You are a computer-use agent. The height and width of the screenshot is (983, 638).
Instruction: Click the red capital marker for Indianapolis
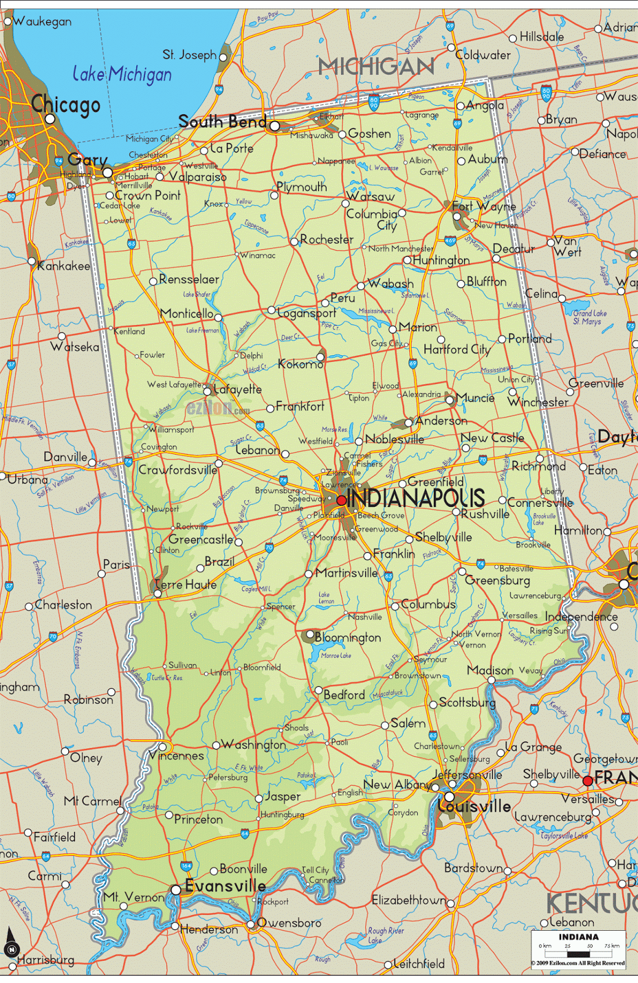point(341,500)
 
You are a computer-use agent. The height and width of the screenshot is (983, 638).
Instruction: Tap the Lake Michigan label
point(122,74)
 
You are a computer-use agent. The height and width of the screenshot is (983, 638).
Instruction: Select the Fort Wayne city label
point(484,206)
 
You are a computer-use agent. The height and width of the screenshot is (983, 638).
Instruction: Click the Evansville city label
point(225,886)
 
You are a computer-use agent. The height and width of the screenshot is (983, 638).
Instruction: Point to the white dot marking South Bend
point(275,126)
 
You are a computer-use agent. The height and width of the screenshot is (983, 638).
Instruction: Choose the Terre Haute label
point(185,584)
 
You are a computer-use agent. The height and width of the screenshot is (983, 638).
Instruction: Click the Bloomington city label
point(348,638)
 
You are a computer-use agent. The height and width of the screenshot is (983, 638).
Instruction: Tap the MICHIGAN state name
point(376,66)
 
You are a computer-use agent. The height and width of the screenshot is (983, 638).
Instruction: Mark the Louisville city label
point(475,805)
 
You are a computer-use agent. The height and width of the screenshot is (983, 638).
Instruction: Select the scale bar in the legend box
point(578,954)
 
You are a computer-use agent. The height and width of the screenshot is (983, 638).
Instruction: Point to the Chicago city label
point(66,104)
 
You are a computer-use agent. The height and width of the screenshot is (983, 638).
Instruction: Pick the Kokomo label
point(301,364)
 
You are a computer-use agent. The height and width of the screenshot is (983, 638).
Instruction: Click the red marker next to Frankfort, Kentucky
point(588,781)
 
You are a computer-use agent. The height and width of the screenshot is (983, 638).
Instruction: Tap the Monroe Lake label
point(336,656)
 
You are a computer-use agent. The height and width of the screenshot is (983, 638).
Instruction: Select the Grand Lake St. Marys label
point(589,317)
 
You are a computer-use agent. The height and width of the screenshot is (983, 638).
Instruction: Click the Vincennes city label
point(177,756)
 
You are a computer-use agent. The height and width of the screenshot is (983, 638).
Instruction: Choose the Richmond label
point(539,466)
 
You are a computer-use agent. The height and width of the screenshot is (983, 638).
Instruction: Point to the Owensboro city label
point(289,923)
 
